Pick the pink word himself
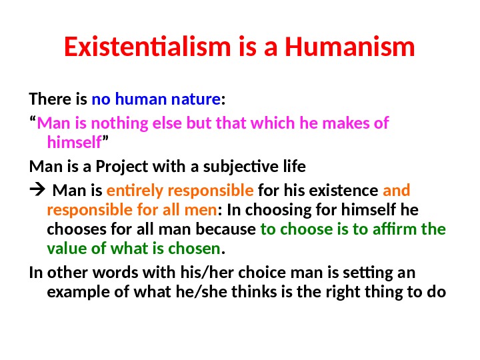click(x=74, y=142)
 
